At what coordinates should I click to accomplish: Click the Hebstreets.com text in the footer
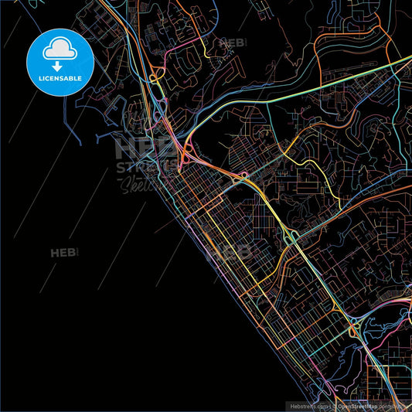click(x=308, y=406)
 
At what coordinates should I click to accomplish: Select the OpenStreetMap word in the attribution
click(x=360, y=406)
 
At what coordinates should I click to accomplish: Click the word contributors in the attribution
click(x=397, y=406)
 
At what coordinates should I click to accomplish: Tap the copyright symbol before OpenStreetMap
click(x=334, y=406)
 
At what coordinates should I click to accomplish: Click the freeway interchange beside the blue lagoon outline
click(x=355, y=332)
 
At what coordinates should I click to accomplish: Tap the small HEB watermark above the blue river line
click(x=232, y=43)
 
